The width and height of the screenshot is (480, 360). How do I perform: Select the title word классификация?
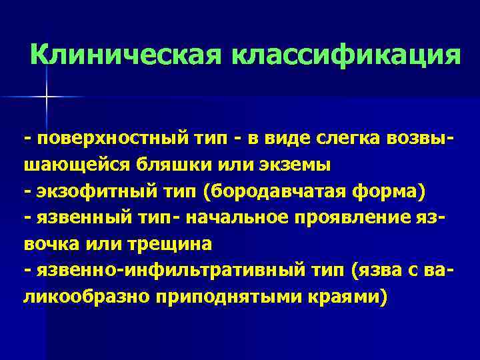[346, 55]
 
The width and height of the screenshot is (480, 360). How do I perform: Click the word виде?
[289, 139]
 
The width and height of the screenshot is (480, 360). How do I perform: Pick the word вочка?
[51, 243]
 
